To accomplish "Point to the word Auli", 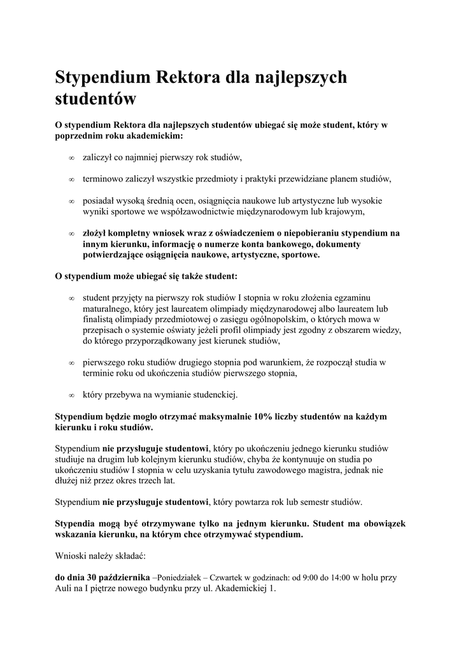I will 65,589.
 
